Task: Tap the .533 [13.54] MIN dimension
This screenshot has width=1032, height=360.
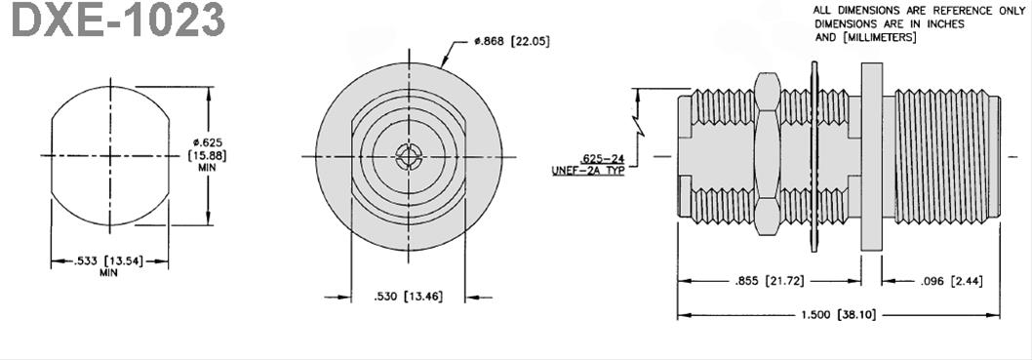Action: (x=109, y=261)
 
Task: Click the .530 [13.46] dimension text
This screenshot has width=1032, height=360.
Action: (x=409, y=296)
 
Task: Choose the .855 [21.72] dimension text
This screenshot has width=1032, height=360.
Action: (x=770, y=281)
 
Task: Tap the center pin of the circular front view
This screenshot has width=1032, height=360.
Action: (x=407, y=156)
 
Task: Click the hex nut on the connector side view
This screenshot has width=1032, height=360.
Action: (x=767, y=156)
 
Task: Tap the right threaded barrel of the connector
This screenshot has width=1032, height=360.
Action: (x=941, y=156)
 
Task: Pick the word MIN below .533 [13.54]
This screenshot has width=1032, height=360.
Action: (x=109, y=273)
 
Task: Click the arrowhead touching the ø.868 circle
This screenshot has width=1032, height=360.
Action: (x=447, y=64)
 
